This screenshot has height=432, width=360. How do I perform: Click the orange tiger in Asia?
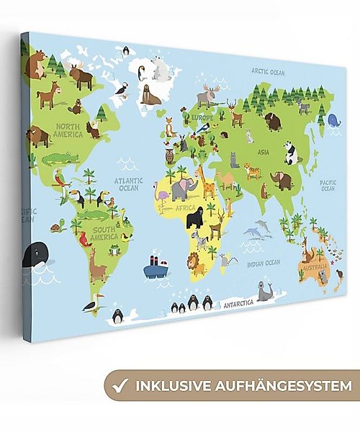pyautogui.click(x=253, y=171)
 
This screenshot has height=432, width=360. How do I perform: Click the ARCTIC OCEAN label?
pyautogui.click(x=268, y=72)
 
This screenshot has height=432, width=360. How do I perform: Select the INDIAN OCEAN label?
pyautogui.click(x=263, y=263)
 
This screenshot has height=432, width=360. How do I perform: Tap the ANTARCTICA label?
pyautogui.click(x=238, y=304)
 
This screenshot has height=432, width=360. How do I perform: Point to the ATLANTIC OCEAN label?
pyautogui.click(x=128, y=184)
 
